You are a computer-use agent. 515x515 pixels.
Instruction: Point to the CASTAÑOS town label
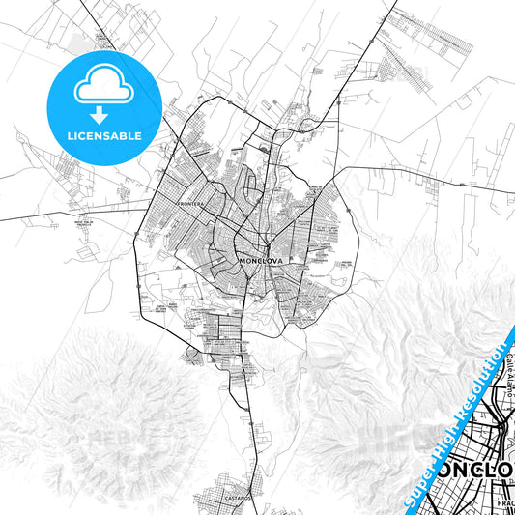237,497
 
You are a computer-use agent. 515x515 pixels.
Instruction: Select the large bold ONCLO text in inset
477,471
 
